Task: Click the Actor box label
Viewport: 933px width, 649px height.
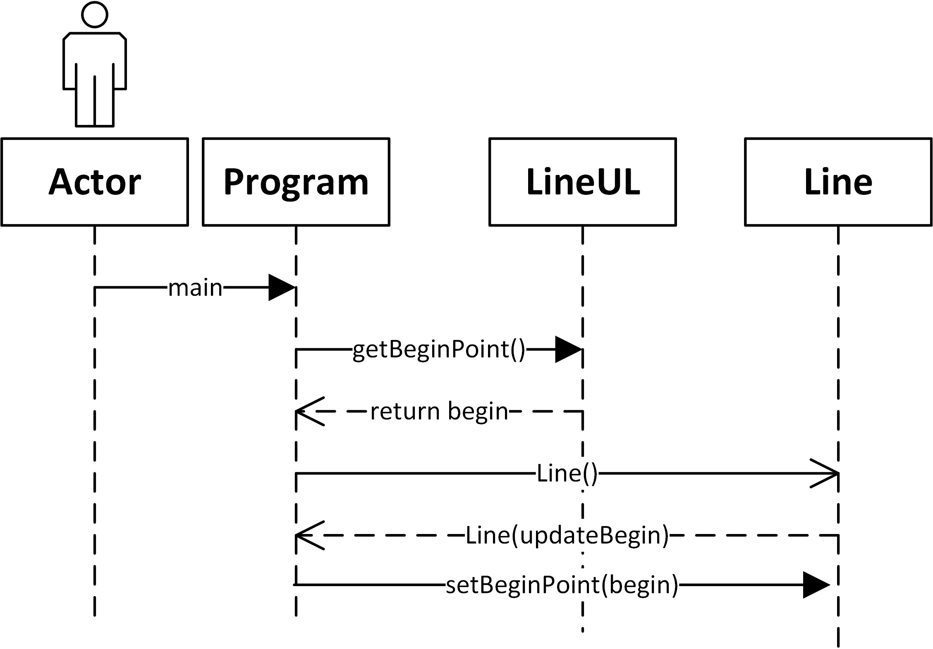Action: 95,182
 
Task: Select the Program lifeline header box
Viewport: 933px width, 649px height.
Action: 296,182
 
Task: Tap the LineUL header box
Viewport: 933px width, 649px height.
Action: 582,182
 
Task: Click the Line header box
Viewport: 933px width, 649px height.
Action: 838,182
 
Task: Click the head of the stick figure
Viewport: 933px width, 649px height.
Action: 95,14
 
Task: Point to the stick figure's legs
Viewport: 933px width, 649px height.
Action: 95,103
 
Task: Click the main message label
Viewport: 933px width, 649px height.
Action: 195,288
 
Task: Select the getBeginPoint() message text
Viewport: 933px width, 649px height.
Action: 438,350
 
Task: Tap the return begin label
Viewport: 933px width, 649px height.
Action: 439,411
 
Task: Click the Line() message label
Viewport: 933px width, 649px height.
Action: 567,473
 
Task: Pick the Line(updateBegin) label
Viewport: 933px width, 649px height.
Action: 567,535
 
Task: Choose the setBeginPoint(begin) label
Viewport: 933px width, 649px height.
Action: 562,585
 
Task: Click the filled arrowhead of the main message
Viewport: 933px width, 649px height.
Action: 281,287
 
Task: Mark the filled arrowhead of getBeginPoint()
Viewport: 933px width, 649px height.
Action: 568,350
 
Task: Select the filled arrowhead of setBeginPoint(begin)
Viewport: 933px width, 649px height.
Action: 816,585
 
